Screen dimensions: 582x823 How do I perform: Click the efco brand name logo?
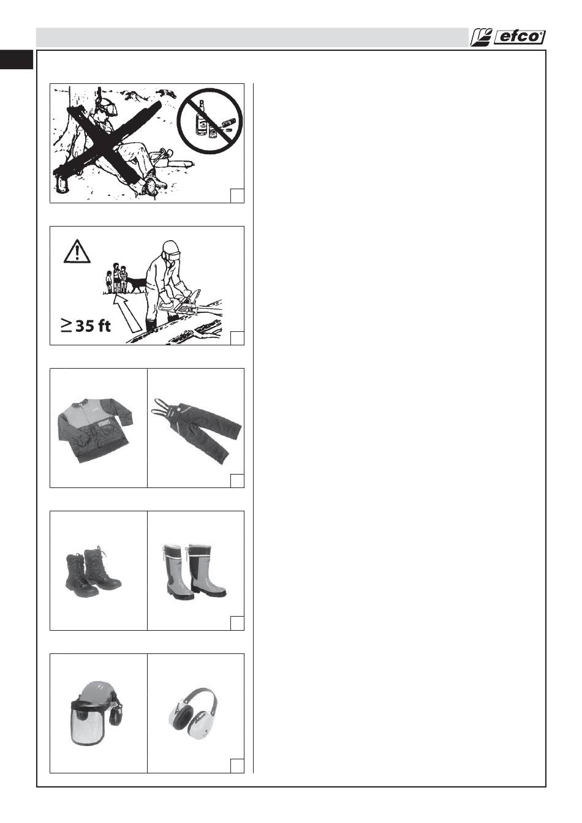[519, 37]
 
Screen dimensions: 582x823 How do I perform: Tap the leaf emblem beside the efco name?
[480, 37]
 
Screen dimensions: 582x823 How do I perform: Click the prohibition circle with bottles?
[210, 121]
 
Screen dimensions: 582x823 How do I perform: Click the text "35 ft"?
[93, 326]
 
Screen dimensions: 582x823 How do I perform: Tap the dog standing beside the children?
[137, 284]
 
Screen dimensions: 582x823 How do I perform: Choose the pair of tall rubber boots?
[194, 571]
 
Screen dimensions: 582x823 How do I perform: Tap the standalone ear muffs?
[193, 712]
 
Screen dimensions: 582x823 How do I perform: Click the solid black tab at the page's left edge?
[17, 59]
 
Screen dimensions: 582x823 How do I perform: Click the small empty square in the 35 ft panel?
[237, 338]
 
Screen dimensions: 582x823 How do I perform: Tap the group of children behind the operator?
[116, 278]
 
